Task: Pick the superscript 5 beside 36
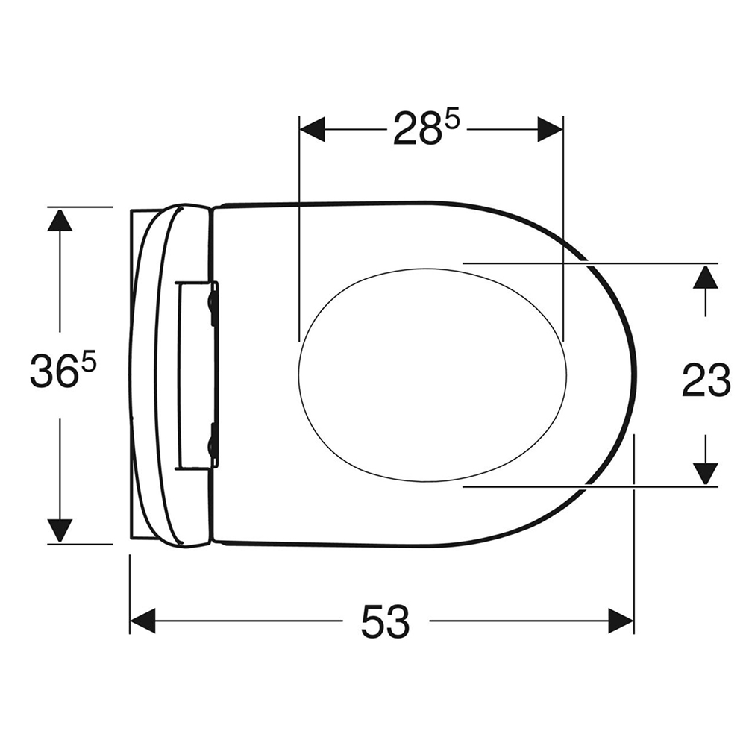click(x=89, y=361)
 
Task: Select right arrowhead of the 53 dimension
click(x=621, y=621)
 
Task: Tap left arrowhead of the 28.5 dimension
click(x=312, y=129)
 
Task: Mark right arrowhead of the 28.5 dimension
click(x=550, y=129)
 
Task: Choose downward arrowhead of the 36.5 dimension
click(x=60, y=530)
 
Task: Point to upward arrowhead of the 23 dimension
click(x=705, y=277)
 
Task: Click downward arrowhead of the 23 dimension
click(x=705, y=473)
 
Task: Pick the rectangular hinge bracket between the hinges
click(x=195, y=374)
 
